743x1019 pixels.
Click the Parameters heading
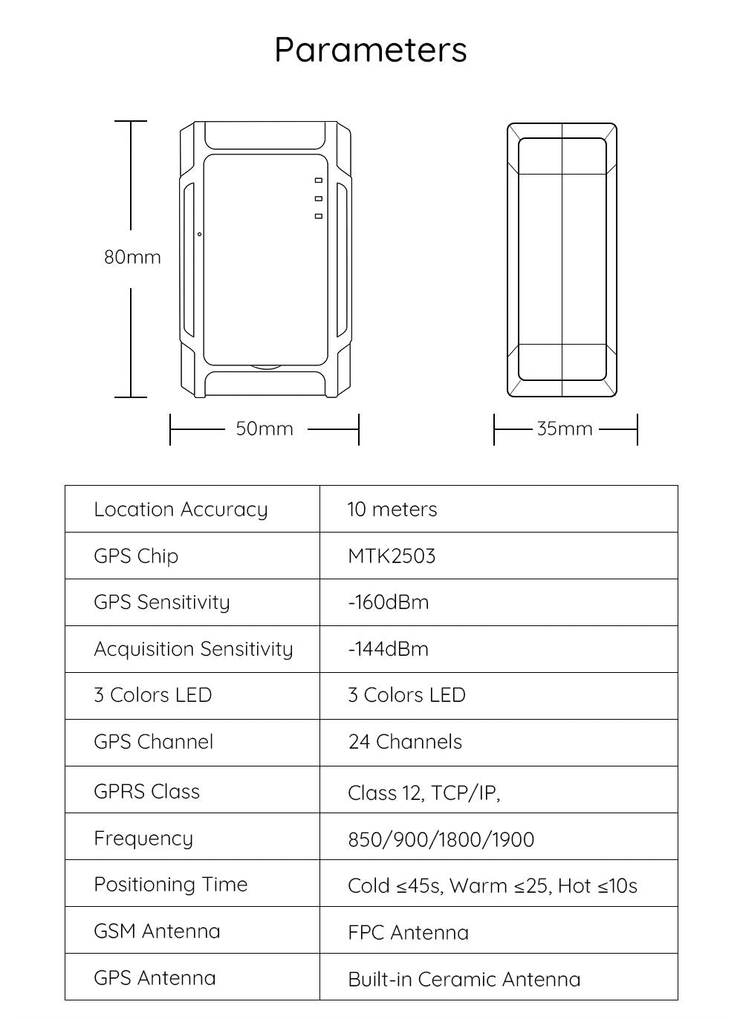pos(371,50)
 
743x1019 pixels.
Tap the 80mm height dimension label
pos(132,257)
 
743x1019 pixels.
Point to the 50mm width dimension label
pos(265,429)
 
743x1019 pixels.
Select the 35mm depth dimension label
pos(565,429)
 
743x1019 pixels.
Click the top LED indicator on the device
pos(318,180)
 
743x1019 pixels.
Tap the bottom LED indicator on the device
pos(318,216)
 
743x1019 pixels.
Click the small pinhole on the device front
pos(199,235)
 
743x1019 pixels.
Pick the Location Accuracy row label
pos(181,509)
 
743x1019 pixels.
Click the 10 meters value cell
pos(392,509)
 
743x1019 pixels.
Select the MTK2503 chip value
pos(392,556)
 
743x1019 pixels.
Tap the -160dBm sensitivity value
pos(388,602)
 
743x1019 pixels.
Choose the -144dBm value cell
pos(388,649)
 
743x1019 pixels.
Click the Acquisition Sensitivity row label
pos(193,649)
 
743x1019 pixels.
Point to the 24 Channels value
pos(405,742)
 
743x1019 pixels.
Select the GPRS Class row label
pos(147,791)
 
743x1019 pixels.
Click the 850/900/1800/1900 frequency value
pos(441,839)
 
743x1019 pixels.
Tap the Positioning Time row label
pos(171,885)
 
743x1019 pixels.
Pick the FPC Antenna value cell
pos(408,933)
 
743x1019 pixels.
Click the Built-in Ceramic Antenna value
pos(464,979)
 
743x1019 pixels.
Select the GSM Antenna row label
pos(157,931)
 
